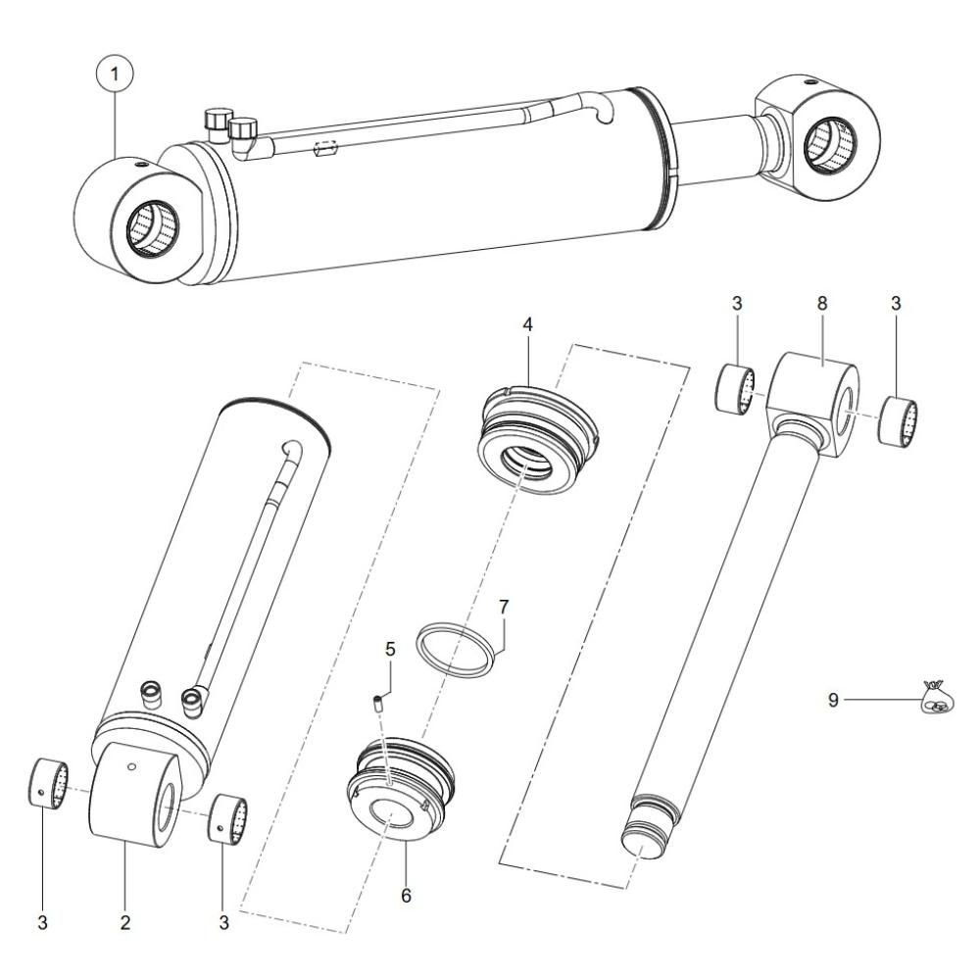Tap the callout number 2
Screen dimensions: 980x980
click(x=125, y=922)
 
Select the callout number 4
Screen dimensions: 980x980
click(x=528, y=324)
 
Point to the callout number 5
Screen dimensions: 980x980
click(x=390, y=649)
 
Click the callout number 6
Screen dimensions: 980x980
click(x=407, y=896)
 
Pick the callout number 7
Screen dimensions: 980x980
click(x=504, y=607)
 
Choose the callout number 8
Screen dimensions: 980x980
click(x=822, y=303)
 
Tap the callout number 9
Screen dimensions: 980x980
click(x=833, y=700)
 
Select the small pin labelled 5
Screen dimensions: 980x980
click(x=378, y=702)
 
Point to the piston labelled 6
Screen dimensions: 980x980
click(x=400, y=789)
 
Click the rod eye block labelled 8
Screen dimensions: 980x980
click(x=812, y=403)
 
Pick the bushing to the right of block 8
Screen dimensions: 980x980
click(x=899, y=420)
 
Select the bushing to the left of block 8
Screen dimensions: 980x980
click(x=736, y=389)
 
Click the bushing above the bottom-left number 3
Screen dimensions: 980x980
click(x=50, y=782)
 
